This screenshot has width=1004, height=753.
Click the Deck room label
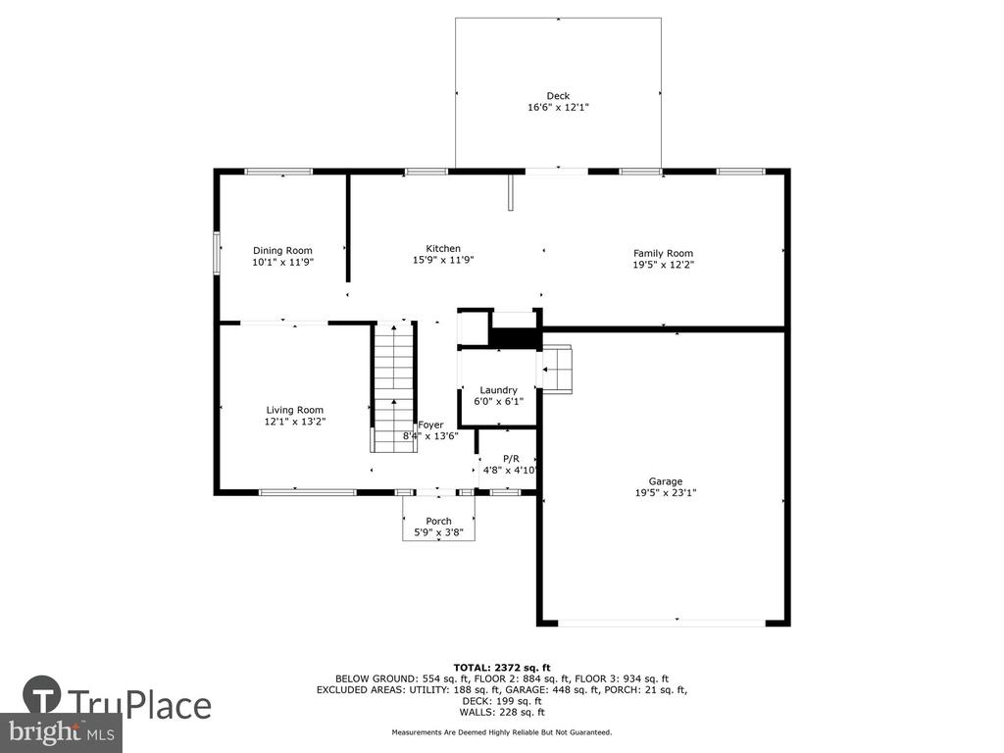click(558, 96)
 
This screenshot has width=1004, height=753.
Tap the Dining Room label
click(282, 250)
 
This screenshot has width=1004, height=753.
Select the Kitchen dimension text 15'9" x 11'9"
click(443, 260)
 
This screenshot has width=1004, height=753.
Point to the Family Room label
click(664, 253)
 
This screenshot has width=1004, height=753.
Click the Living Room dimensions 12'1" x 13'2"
click(295, 422)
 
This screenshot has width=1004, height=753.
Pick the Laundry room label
click(498, 390)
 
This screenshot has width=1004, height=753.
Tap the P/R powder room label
click(511, 459)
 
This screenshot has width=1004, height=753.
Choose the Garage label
click(666, 481)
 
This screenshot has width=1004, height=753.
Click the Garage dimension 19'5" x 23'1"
click(666, 493)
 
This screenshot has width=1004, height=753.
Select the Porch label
click(438, 522)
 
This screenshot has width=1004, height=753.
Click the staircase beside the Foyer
click(394, 388)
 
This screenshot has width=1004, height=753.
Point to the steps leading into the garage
click(557, 369)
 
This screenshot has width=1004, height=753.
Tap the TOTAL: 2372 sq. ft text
click(502, 667)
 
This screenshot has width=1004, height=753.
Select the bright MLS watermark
click(62, 732)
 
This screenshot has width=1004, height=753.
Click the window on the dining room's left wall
click(217, 253)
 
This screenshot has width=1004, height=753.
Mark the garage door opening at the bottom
click(662, 622)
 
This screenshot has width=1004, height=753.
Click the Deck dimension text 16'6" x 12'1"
click(558, 108)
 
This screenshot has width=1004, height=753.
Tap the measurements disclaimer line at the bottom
click(502, 731)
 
